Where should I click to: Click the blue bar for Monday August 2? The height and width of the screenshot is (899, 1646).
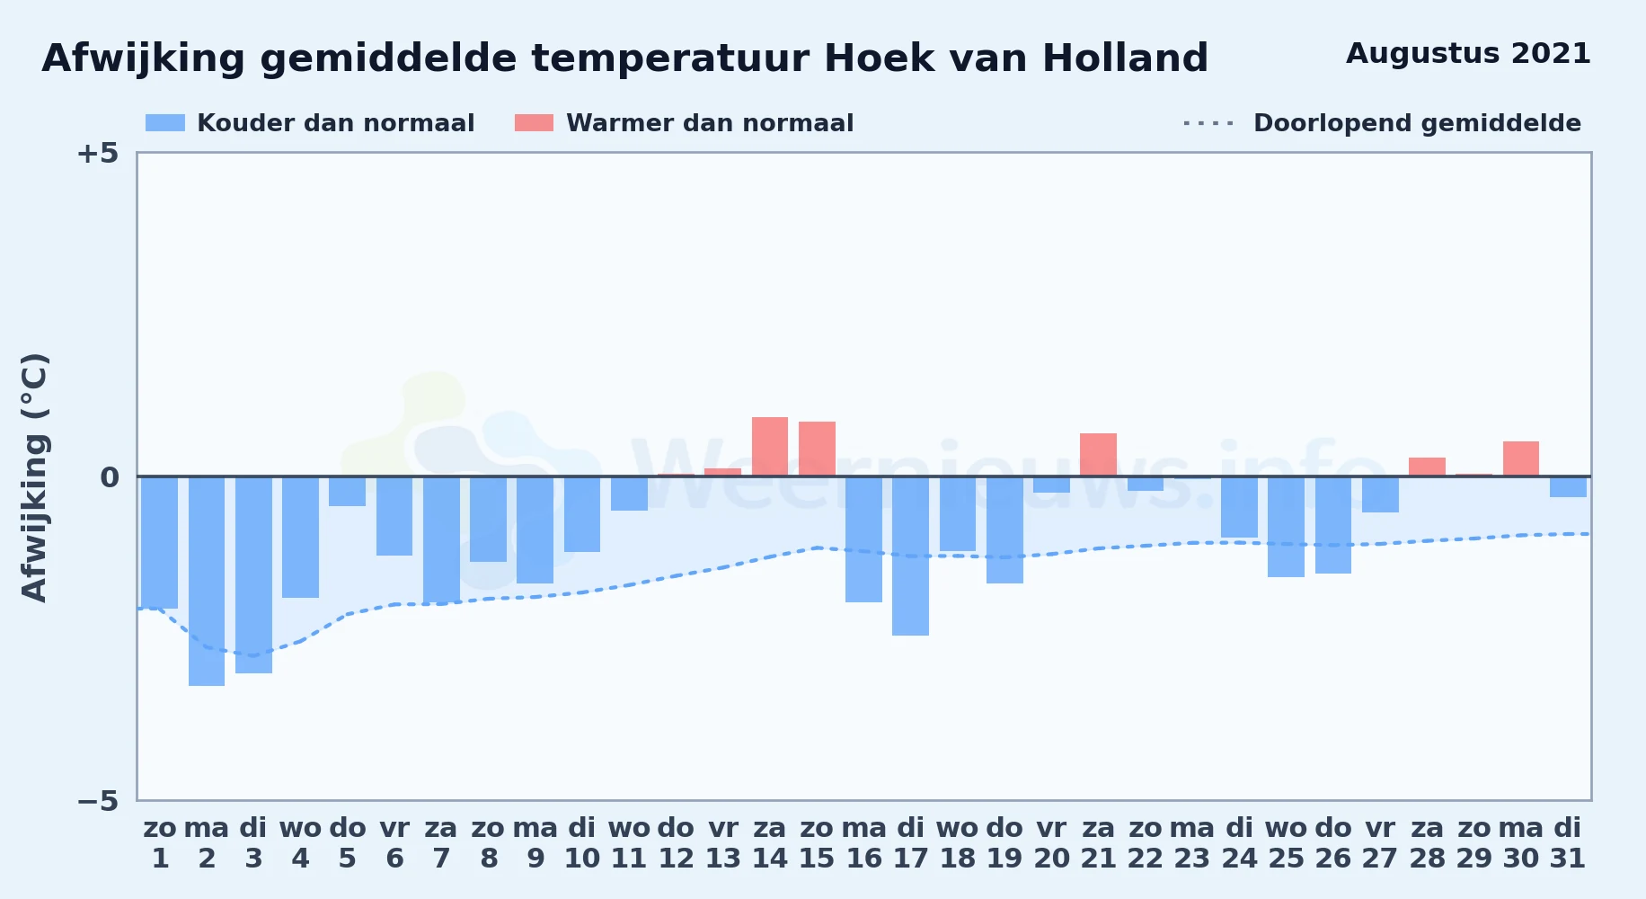[207, 581]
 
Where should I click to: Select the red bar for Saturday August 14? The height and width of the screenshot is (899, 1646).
[770, 447]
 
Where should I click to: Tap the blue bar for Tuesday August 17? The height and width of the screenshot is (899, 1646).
[910, 556]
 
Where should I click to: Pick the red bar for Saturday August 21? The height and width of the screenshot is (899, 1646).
[1098, 455]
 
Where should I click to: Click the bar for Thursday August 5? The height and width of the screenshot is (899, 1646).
[347, 491]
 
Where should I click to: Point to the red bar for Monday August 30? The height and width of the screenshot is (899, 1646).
[1520, 458]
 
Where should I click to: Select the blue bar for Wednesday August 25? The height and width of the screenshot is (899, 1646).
[1286, 527]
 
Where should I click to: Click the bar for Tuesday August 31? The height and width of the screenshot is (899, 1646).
[1568, 486]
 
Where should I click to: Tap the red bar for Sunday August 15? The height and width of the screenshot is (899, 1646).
[817, 449]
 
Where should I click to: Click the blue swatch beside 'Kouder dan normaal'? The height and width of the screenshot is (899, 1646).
[165, 123]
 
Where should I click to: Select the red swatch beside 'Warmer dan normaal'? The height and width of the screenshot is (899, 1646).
[534, 123]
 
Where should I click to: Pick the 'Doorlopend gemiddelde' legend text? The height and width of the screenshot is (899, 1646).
[1417, 123]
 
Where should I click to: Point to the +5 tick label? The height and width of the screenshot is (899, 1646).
[97, 153]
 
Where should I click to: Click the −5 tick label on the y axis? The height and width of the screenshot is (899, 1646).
[97, 800]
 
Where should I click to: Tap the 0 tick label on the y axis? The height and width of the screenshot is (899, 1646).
[109, 476]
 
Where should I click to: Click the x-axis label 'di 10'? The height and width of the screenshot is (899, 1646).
[582, 843]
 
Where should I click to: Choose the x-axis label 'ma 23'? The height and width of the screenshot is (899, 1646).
[1192, 843]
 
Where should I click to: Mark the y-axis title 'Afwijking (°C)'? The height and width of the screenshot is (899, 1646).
[35, 476]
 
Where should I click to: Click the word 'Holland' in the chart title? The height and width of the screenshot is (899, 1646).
[1125, 58]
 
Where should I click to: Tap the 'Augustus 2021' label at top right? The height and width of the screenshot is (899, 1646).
[1468, 54]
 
